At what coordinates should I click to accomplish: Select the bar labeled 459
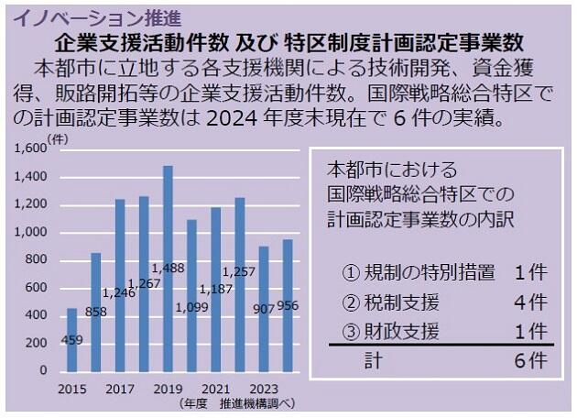(72, 339)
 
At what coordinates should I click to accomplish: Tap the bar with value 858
(96, 312)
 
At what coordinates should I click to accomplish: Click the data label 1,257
(240, 272)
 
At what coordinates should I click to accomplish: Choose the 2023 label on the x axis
(263, 389)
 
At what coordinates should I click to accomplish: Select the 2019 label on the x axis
(168, 389)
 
